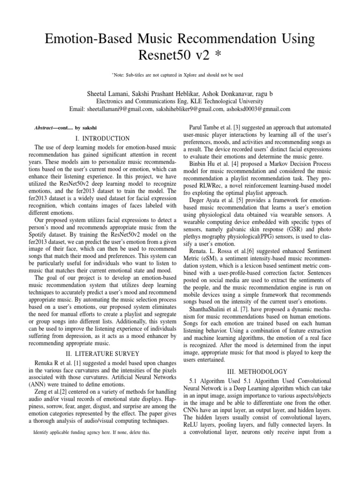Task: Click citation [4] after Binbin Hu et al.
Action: click(x=232, y=164)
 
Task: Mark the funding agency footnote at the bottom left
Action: click(x=92, y=432)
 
